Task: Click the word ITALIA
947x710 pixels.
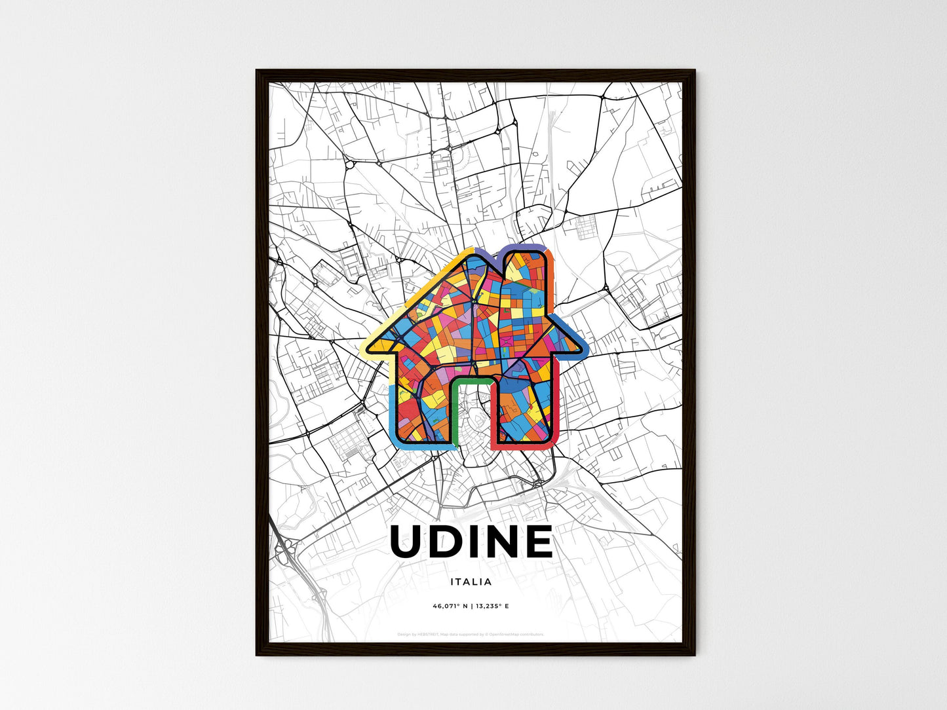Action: (471, 582)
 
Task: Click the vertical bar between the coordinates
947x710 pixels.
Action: (472, 607)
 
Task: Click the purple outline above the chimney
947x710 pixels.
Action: (524, 246)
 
